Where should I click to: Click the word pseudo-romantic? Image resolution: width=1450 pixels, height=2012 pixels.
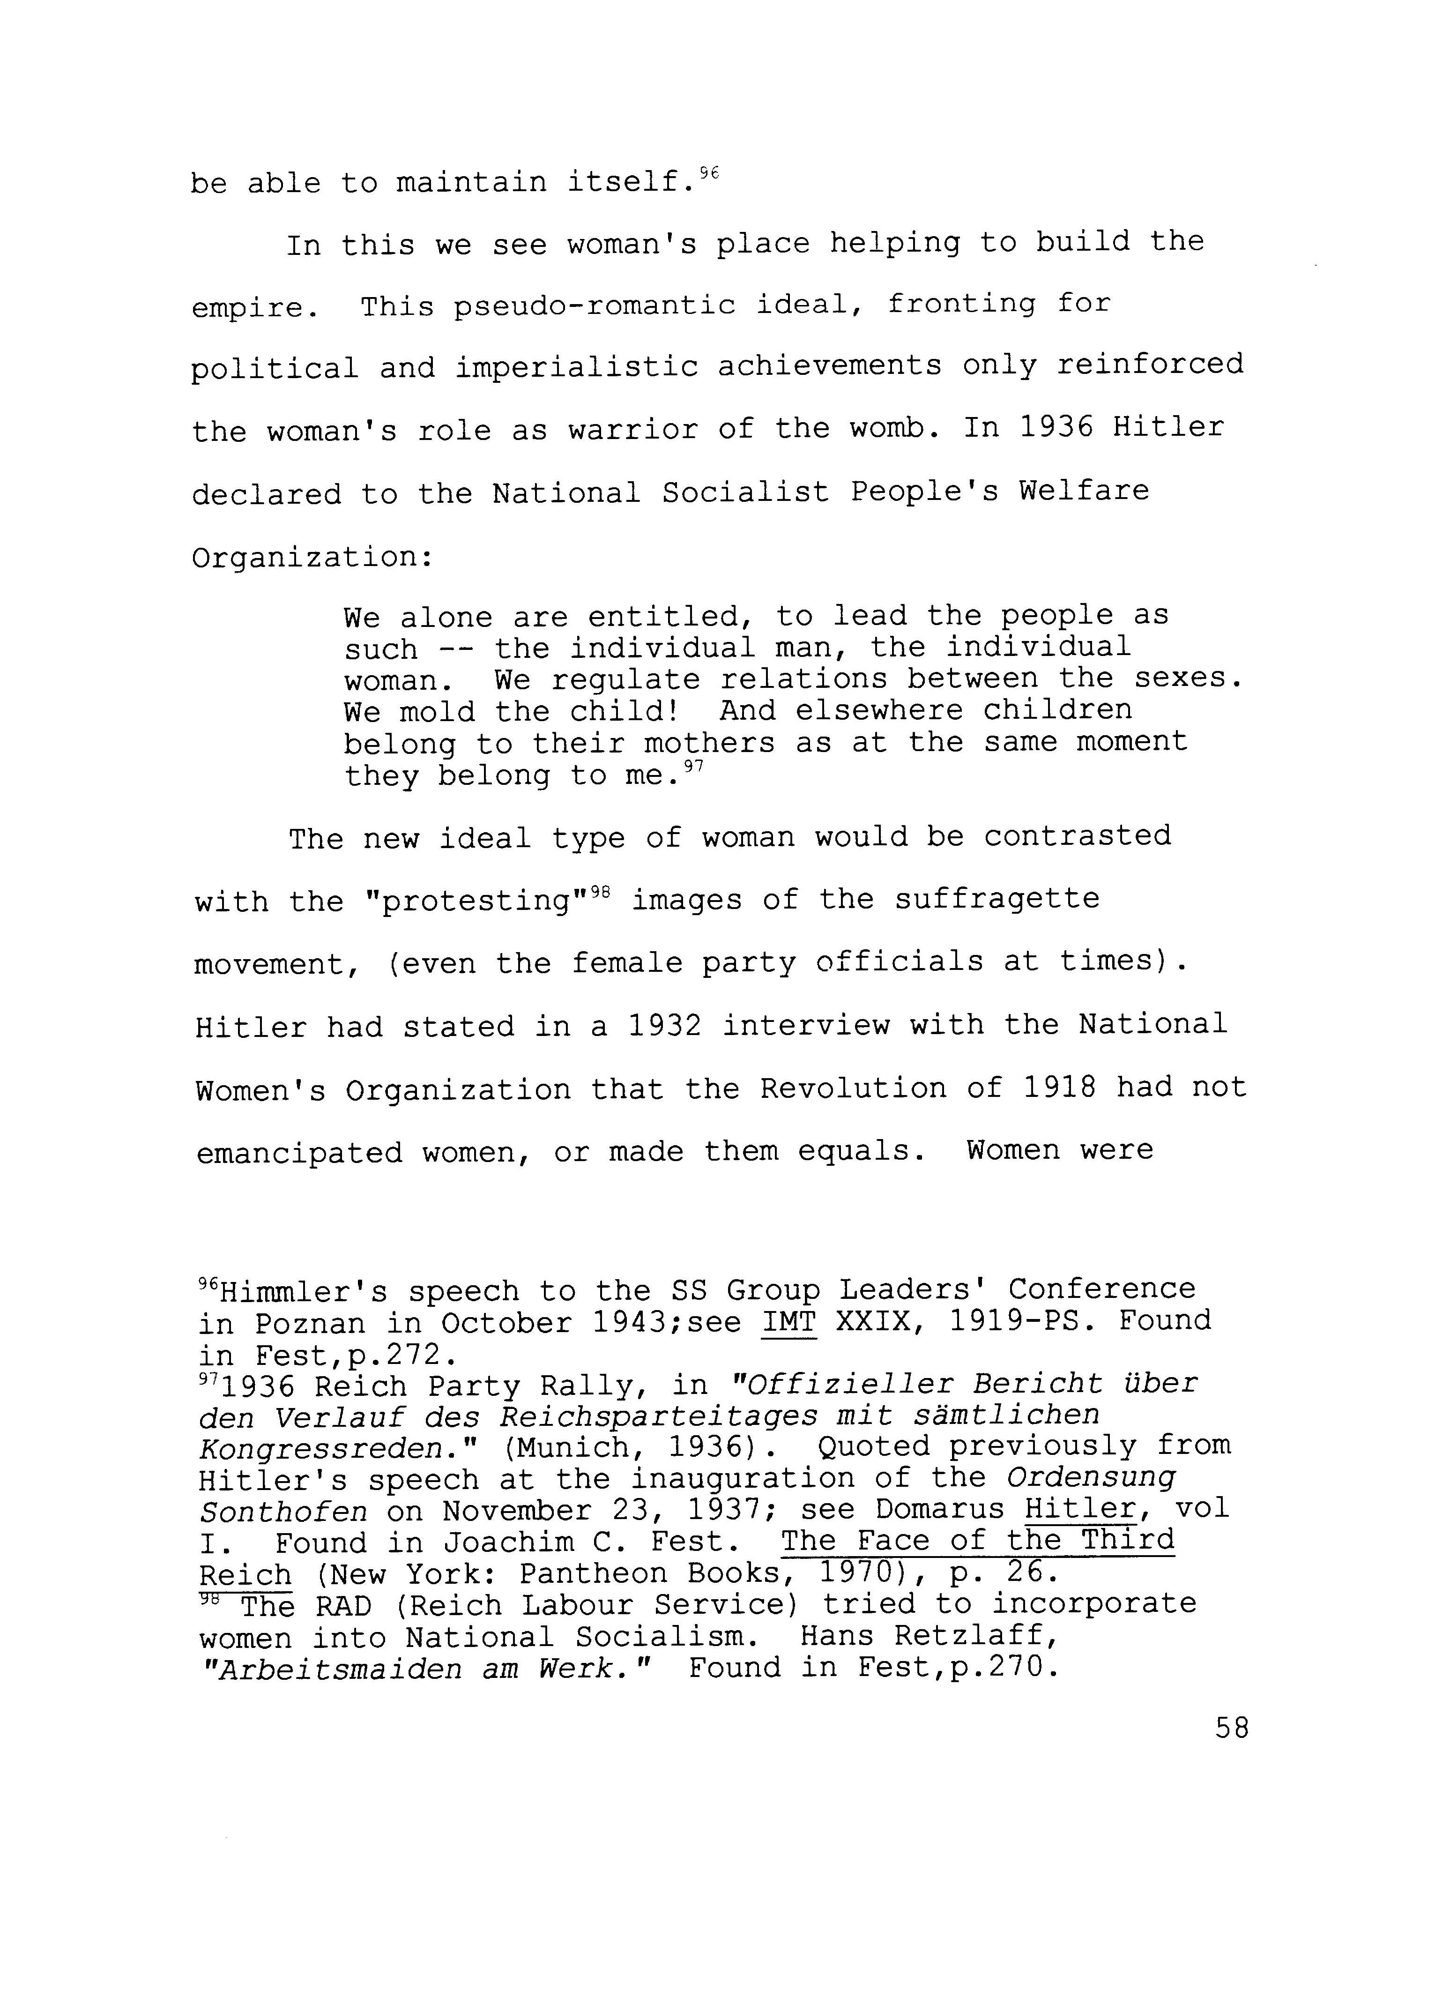point(594,305)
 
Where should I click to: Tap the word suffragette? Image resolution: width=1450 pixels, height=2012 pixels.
point(996,900)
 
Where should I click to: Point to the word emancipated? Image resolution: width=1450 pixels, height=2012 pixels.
point(299,1152)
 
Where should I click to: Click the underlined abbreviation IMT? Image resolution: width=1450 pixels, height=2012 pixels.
point(788,1323)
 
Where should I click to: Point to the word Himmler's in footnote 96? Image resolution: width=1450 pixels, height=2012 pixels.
point(289,1291)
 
